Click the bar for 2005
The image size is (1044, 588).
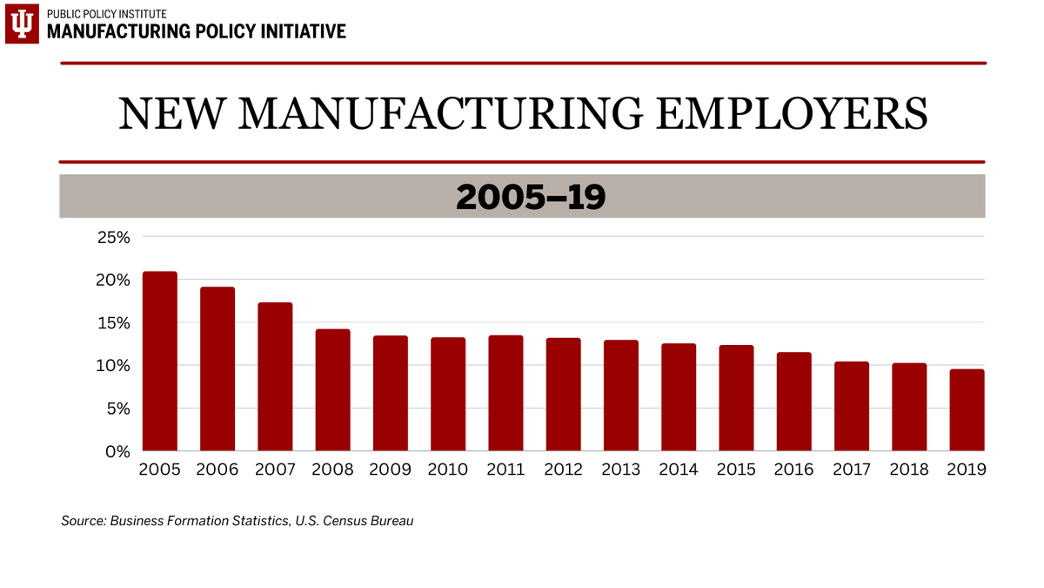point(160,362)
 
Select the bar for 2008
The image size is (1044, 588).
point(332,390)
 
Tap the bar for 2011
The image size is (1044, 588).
point(505,394)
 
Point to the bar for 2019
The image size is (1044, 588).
point(967,410)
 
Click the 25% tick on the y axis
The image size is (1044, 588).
point(112,237)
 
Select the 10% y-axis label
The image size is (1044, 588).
point(112,366)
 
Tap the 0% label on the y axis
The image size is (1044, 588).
point(117,451)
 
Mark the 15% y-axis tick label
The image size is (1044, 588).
point(112,323)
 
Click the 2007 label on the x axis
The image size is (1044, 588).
point(275,470)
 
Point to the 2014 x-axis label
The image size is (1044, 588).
point(679,470)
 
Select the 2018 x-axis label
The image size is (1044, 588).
point(908,470)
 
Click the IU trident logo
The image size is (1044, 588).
point(22,23)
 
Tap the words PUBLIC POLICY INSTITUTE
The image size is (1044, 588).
point(107,14)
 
